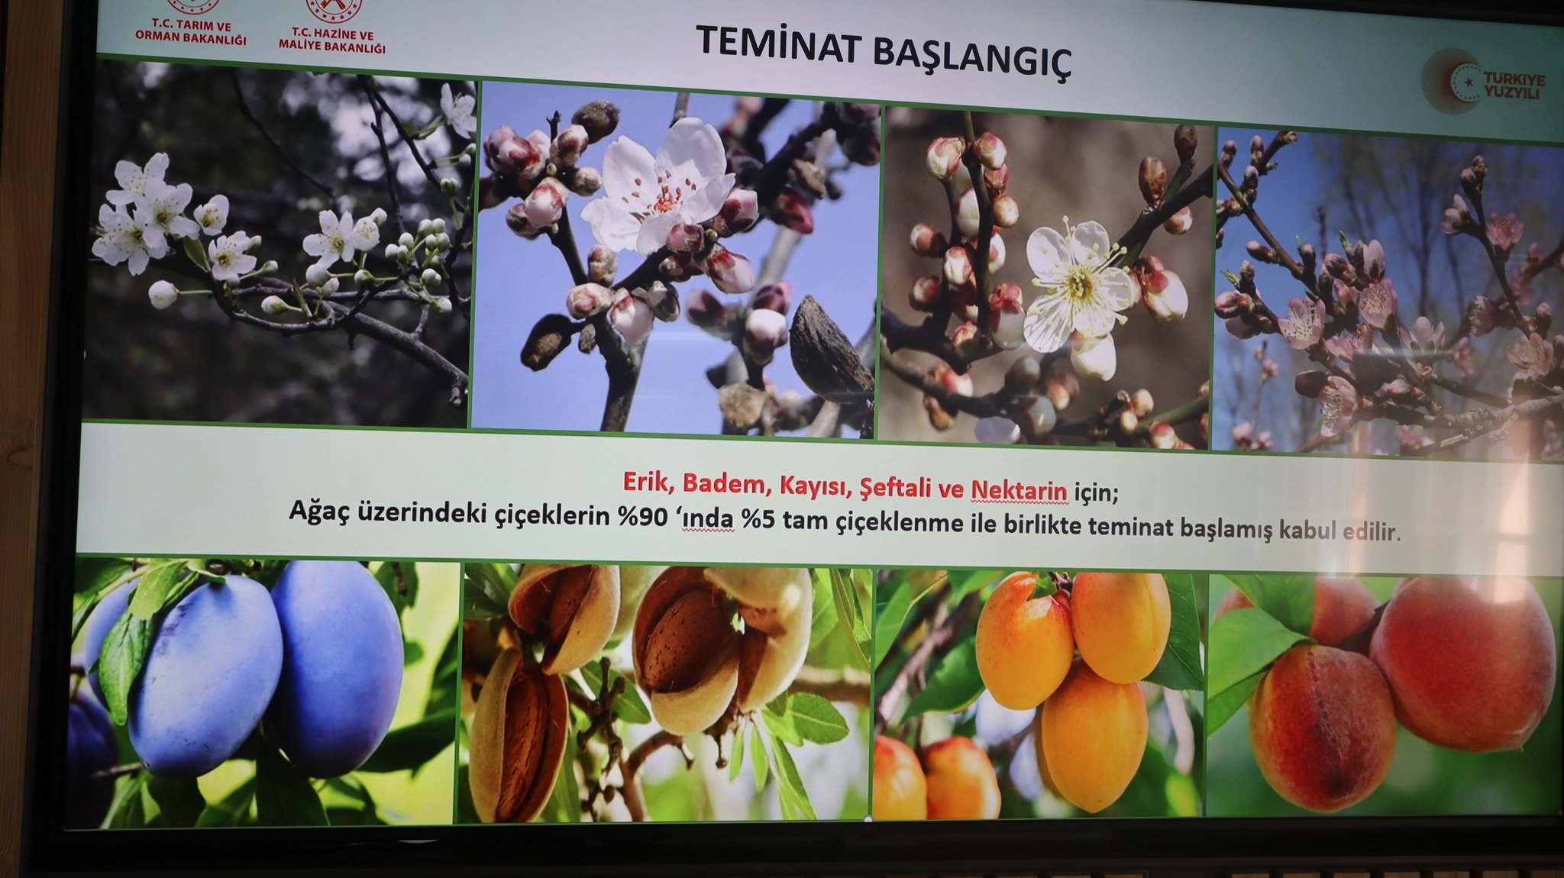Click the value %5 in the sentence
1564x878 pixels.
(757, 520)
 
